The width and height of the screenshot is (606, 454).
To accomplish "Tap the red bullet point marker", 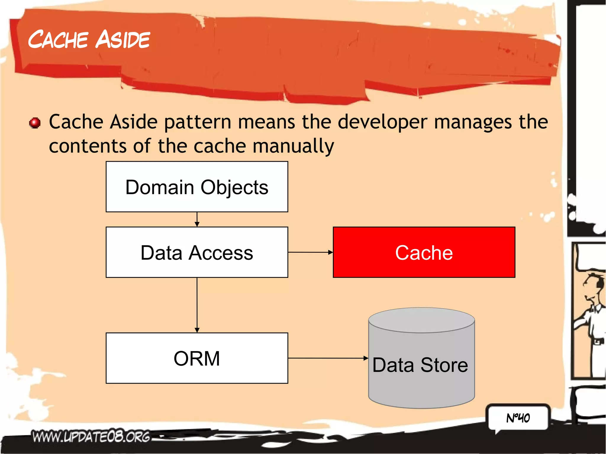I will pyautogui.click(x=35, y=123).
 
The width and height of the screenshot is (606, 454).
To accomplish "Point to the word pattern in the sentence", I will pyautogui.click(x=198, y=122).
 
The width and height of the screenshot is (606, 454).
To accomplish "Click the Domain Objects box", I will pyautogui.click(x=197, y=187).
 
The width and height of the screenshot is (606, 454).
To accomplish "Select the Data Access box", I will pyautogui.click(x=197, y=252).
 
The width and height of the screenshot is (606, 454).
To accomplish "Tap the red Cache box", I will pyautogui.click(x=424, y=252).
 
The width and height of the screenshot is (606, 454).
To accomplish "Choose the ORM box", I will pyautogui.click(x=197, y=358).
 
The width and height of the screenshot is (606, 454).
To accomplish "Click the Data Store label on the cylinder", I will pyautogui.click(x=420, y=365).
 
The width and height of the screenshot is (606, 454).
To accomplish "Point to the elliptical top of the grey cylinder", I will pyautogui.click(x=421, y=320).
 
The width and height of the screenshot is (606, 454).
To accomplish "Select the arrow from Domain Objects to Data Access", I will pyautogui.click(x=197, y=219).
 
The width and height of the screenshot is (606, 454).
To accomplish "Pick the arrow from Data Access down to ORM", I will pyautogui.click(x=197, y=304).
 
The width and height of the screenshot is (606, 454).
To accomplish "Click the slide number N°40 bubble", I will pyautogui.click(x=518, y=418).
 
